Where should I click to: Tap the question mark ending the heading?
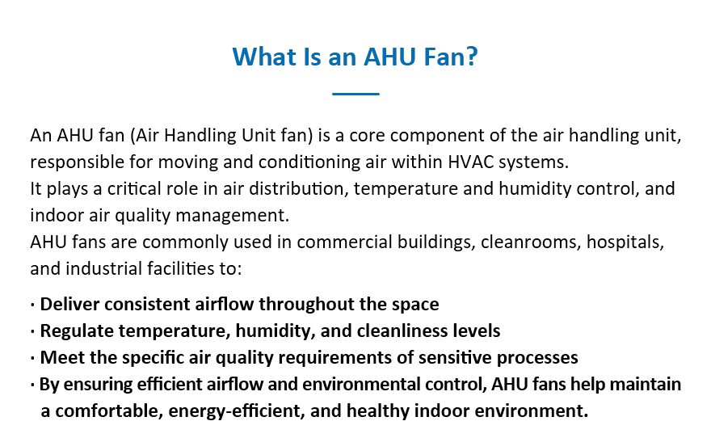473,57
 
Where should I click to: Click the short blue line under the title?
355,94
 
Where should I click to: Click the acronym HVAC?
470,162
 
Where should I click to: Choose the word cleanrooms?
531,242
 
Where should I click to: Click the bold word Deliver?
69,304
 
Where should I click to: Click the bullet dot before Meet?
32,358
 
